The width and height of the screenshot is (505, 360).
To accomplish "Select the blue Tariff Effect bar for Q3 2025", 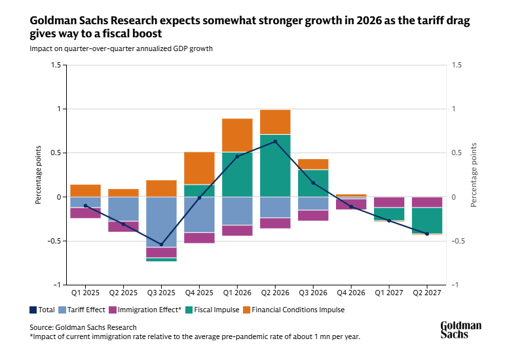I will (161, 222).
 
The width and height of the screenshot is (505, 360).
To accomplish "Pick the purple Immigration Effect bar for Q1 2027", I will (389, 202).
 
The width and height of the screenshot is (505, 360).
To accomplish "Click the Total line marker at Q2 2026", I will (275, 141).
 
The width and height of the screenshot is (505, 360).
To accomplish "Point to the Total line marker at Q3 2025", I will (161, 244).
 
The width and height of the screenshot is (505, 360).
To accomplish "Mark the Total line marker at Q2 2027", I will (427, 234).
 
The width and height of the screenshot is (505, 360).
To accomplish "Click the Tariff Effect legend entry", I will (83, 310).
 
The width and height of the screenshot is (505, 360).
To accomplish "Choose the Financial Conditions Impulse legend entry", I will (299, 310).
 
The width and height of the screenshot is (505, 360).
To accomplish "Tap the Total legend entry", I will (43, 310).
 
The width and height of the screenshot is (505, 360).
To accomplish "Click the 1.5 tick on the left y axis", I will (55, 65).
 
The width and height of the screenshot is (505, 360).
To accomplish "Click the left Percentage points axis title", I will (39, 175).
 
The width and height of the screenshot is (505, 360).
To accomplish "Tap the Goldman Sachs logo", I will (460, 330).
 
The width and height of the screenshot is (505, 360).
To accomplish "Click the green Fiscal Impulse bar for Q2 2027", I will (427, 220).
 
